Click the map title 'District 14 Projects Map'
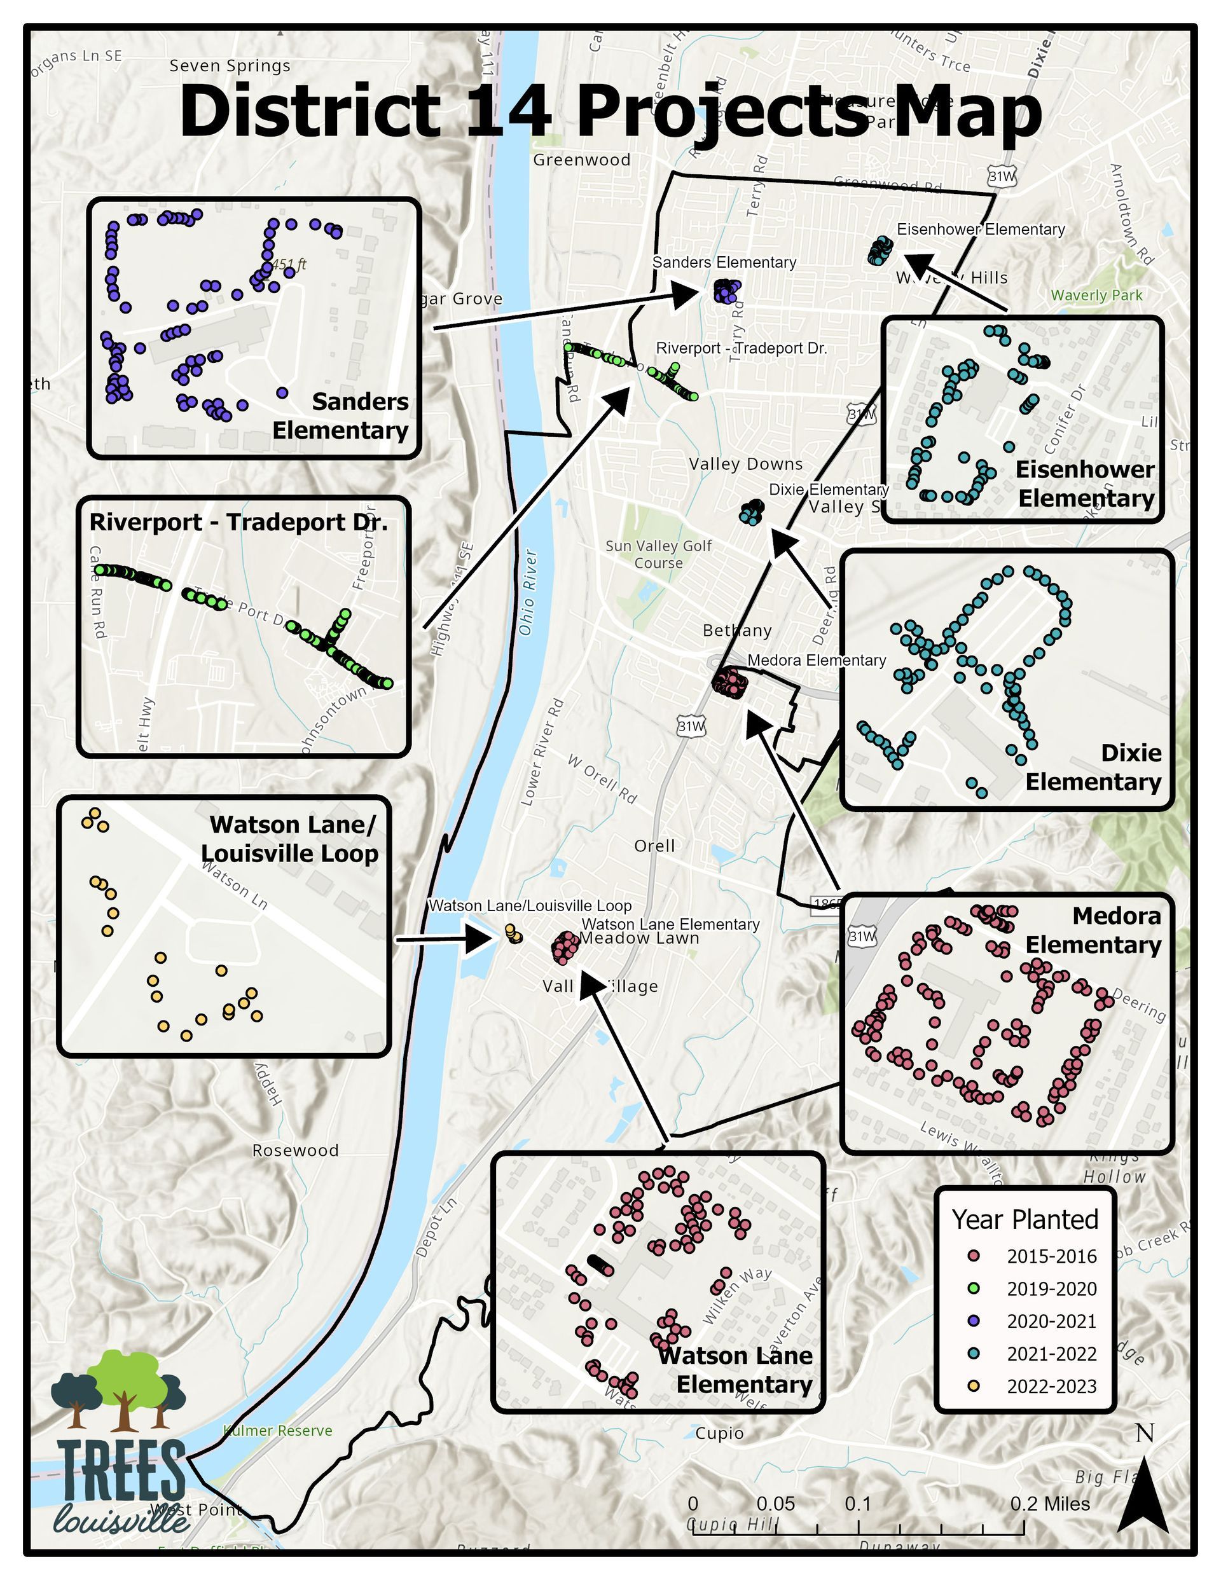coord(610,112)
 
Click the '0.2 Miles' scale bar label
coord(1050,1504)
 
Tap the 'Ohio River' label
coord(529,593)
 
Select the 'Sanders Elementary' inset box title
coord(340,416)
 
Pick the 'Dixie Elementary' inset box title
coord(1093,767)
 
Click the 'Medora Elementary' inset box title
coord(1093,930)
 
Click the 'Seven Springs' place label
coord(230,66)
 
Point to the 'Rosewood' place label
coord(295,1151)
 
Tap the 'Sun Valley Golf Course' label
coord(659,554)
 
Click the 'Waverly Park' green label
coord(1096,295)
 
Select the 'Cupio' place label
coord(719,1433)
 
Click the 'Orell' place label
coord(654,846)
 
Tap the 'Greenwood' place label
coord(582,160)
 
